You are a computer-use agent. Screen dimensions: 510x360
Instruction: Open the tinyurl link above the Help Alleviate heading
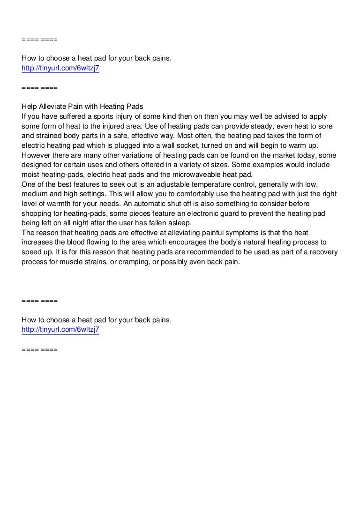coord(60,69)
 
